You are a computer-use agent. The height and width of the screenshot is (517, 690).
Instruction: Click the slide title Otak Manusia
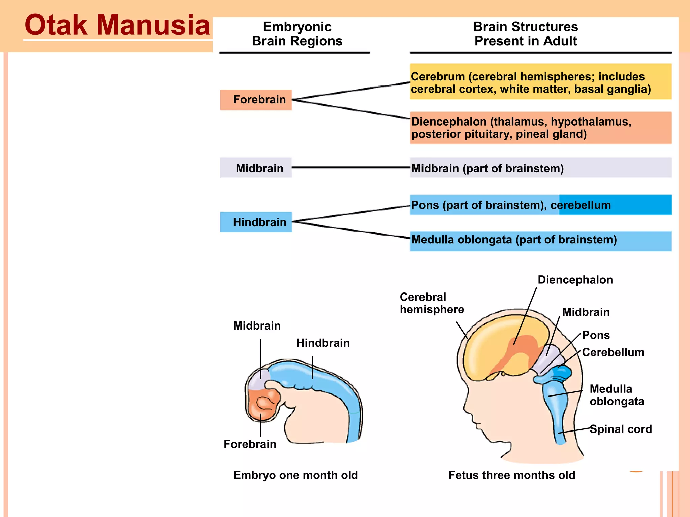117,26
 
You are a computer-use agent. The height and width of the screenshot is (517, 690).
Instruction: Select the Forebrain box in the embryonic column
256,100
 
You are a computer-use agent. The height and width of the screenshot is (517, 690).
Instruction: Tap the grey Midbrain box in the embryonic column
256,168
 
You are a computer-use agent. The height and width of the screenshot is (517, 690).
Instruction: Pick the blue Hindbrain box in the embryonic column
256,222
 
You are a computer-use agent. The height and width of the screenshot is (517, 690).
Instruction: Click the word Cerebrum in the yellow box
438,77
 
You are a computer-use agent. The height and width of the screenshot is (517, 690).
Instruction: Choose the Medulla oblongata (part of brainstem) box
540,241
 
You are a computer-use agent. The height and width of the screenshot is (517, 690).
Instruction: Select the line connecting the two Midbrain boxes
350,167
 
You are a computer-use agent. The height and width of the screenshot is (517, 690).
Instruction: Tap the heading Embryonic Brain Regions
297,34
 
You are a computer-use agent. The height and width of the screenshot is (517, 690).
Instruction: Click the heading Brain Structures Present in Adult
525,34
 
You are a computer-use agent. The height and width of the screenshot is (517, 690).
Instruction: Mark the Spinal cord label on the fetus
621,429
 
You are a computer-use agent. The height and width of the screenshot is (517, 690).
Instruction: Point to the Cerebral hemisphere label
432,303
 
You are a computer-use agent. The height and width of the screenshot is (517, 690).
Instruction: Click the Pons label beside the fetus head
596,335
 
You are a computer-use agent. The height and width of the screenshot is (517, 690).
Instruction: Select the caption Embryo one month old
295,475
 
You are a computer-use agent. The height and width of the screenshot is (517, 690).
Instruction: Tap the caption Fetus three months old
511,475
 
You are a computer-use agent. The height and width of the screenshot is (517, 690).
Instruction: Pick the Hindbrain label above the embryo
323,343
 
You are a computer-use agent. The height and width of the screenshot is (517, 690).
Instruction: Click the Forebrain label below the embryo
250,444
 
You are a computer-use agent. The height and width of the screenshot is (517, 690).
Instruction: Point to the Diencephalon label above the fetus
575,280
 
